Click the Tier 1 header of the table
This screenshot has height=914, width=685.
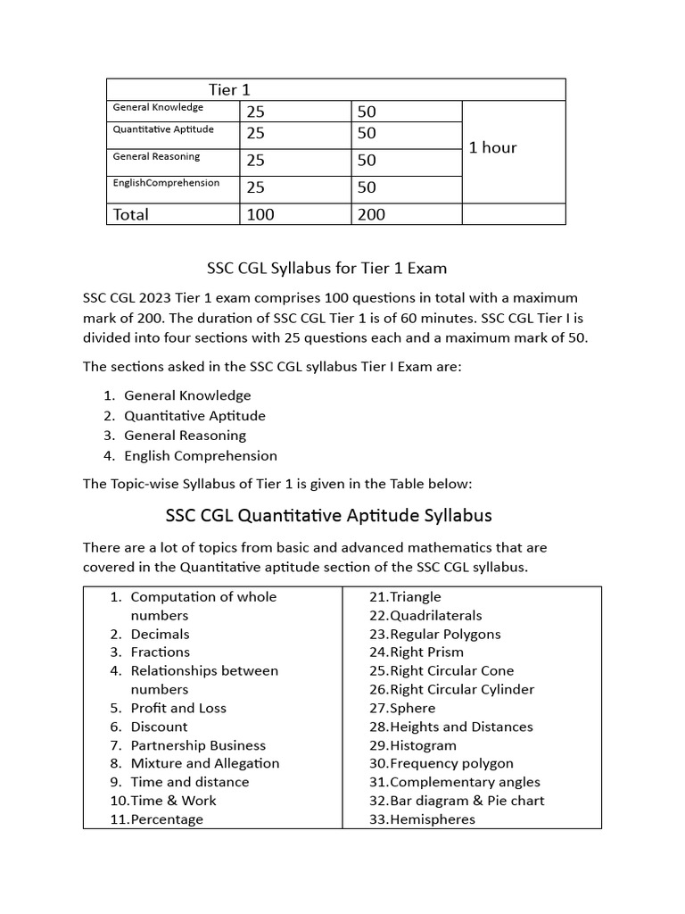pos(223,89)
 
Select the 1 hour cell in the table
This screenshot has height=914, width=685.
pos(492,147)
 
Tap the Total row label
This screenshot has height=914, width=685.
pos(130,214)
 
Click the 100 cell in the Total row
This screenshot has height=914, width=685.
pos(260,214)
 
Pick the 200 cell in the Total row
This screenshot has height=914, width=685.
pos(371,214)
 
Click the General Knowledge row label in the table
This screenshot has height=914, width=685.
pos(158,107)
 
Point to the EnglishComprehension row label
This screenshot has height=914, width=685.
pos(165,183)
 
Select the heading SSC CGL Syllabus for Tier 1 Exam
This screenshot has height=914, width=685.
pos(326,268)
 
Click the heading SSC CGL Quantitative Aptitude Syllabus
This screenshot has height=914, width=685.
pos(328,515)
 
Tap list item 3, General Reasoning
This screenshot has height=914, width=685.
pos(185,436)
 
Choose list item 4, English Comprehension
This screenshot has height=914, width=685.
pos(200,455)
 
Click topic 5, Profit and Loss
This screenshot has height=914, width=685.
pos(177,708)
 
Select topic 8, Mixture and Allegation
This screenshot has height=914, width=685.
pos(204,763)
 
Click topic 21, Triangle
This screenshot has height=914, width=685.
pos(405,596)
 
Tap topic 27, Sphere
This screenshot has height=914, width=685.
pos(401,708)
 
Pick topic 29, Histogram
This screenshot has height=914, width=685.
pos(412,745)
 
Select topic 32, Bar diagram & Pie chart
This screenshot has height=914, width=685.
pos(456,801)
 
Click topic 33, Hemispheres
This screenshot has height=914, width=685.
pos(422,819)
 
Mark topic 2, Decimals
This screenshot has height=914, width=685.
pos(160,634)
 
